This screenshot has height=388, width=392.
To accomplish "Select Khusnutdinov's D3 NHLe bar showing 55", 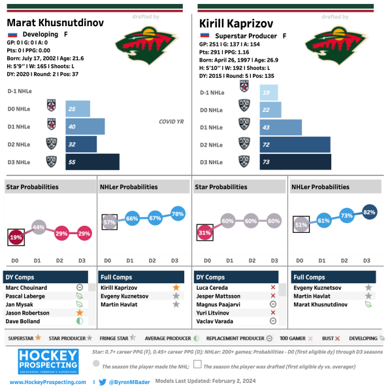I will [92, 162].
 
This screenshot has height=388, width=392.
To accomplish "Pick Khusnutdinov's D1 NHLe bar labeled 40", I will [85, 126].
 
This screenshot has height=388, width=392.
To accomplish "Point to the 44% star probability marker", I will [38, 227].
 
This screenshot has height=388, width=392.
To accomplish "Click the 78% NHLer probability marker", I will [176, 214].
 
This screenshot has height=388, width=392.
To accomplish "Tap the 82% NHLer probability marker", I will [368, 212].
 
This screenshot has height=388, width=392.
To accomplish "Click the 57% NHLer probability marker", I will [110, 222].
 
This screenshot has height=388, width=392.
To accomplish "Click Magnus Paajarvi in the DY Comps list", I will [220, 304].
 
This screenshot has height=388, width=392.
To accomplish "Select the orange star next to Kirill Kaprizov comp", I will [176, 287].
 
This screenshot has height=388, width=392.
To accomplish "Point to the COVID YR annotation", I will [171, 121].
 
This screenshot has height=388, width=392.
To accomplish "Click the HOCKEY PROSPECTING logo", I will [48, 361].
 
